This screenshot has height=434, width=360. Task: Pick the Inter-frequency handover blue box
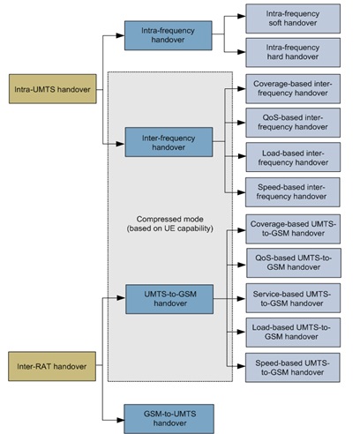point(169,141)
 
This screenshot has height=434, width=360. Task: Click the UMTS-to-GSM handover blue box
point(169,299)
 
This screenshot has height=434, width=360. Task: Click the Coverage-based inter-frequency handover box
point(291,89)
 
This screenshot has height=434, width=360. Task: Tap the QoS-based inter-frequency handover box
point(291,123)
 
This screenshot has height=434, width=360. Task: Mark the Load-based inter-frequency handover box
point(291,158)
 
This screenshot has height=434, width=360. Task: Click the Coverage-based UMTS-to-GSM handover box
point(291,230)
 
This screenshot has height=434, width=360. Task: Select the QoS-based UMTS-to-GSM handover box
point(291,265)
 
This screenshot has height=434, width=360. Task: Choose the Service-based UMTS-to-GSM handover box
point(291,299)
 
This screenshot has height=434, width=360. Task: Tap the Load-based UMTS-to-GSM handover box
point(291,333)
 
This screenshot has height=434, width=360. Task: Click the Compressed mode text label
point(168,223)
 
